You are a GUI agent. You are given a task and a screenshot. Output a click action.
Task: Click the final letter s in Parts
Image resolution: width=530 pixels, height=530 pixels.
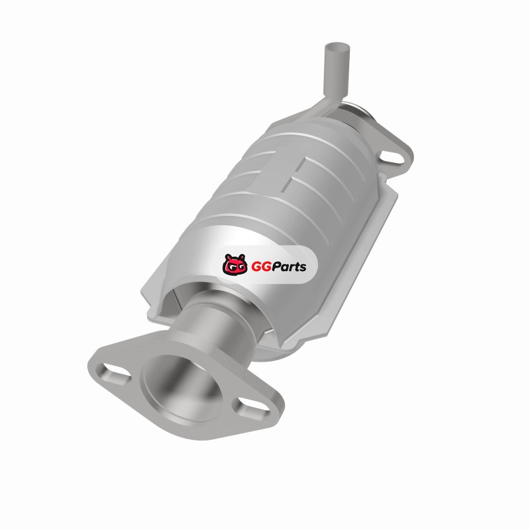coord(303,268)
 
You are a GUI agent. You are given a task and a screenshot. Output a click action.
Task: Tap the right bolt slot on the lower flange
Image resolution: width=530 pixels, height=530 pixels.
coord(250,405)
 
